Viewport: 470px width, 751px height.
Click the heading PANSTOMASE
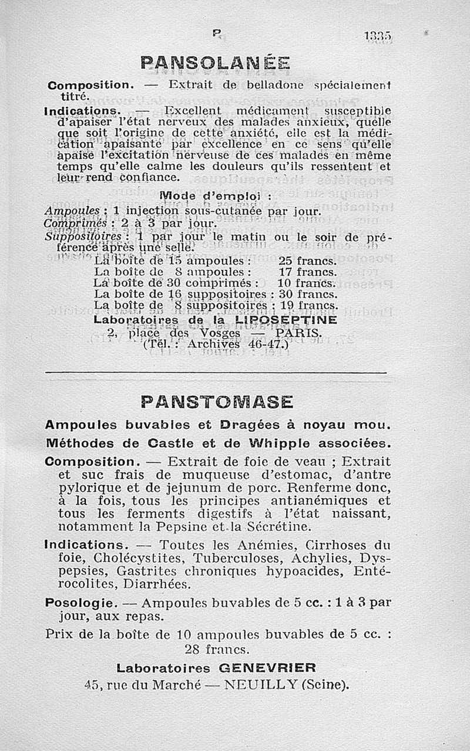click(x=217, y=402)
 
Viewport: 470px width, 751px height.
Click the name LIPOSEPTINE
click(x=286, y=320)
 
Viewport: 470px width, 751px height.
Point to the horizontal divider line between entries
click(x=216, y=373)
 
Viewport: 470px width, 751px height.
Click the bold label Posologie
click(x=76, y=603)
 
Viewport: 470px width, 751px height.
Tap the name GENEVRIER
click(x=267, y=668)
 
